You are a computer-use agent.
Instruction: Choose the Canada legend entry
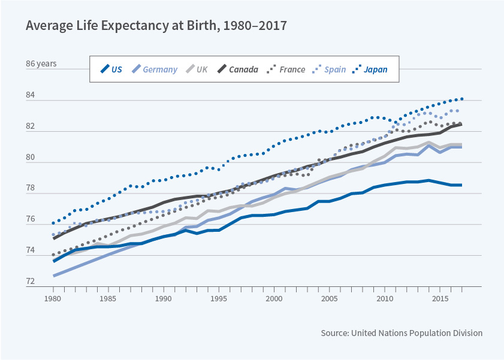(237, 69)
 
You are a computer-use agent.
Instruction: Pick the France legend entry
(286, 69)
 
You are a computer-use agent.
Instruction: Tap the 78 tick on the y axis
(31, 188)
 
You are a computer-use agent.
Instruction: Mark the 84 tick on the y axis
(31, 95)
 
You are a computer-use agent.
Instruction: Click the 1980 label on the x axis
(53, 298)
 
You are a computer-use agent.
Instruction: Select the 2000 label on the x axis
(274, 298)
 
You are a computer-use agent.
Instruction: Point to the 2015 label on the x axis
(440, 298)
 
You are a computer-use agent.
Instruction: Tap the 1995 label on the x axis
(219, 298)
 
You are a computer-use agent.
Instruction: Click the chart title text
(155, 26)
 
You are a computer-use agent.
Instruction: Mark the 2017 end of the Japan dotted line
(461, 99)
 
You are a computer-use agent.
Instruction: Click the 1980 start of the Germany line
(53, 276)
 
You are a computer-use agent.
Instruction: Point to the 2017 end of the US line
(461, 185)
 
